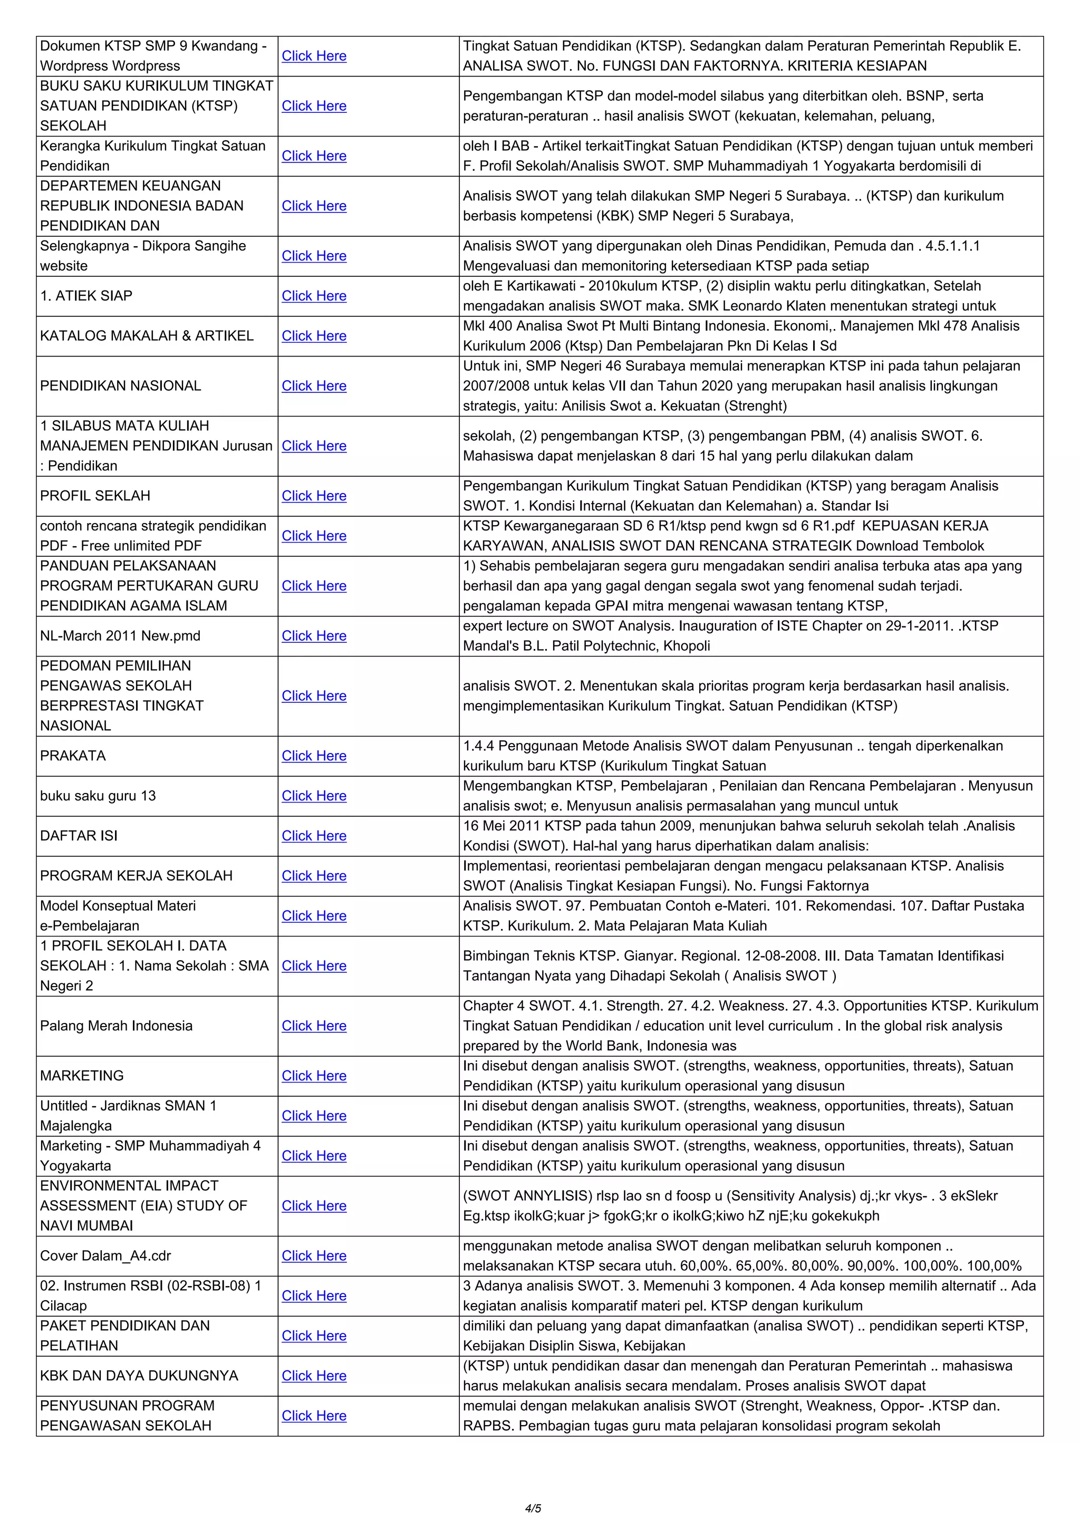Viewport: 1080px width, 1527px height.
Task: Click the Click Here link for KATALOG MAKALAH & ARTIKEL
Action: pyautogui.click(x=314, y=336)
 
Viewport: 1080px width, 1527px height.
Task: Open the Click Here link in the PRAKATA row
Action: pyautogui.click(x=314, y=756)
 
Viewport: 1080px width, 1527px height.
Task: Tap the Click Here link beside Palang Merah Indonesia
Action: pyautogui.click(x=314, y=1026)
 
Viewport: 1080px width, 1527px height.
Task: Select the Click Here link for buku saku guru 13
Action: pyautogui.click(x=314, y=796)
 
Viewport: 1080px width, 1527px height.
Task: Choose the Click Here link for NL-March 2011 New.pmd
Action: pyautogui.click(x=314, y=636)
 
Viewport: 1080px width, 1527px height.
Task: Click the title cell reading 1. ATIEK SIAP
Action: pyautogui.click(x=86, y=296)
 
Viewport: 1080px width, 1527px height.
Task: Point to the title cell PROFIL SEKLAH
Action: pyautogui.click(x=95, y=496)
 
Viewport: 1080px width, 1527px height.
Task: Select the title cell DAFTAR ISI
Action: pyautogui.click(x=79, y=836)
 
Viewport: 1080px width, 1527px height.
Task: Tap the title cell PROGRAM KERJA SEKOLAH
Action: pyautogui.click(x=137, y=876)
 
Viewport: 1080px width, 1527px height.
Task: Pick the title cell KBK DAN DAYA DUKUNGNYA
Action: pyautogui.click(x=139, y=1375)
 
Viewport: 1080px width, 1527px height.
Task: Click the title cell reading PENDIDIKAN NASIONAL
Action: pyautogui.click(x=120, y=386)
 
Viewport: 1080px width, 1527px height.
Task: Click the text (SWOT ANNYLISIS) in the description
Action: pyautogui.click(x=527, y=1196)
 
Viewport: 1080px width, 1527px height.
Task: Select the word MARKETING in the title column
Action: pyautogui.click(x=82, y=1076)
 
